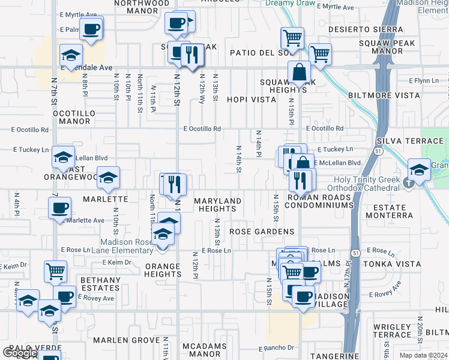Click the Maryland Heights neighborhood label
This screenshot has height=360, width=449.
[217, 205]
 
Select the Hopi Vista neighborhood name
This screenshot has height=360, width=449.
[251, 100]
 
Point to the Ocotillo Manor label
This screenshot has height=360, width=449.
[71, 117]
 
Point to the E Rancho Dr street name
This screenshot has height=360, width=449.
[276, 348]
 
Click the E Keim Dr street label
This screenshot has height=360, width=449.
[116, 262]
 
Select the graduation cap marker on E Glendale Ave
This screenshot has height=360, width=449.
[71, 56]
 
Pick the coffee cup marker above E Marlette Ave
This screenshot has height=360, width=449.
[59, 208]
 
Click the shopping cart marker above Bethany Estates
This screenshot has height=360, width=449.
[55, 271]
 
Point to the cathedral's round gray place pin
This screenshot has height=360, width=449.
[409, 182]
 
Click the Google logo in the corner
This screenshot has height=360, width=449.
[20, 353]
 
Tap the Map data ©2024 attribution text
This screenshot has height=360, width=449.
[423, 355]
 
